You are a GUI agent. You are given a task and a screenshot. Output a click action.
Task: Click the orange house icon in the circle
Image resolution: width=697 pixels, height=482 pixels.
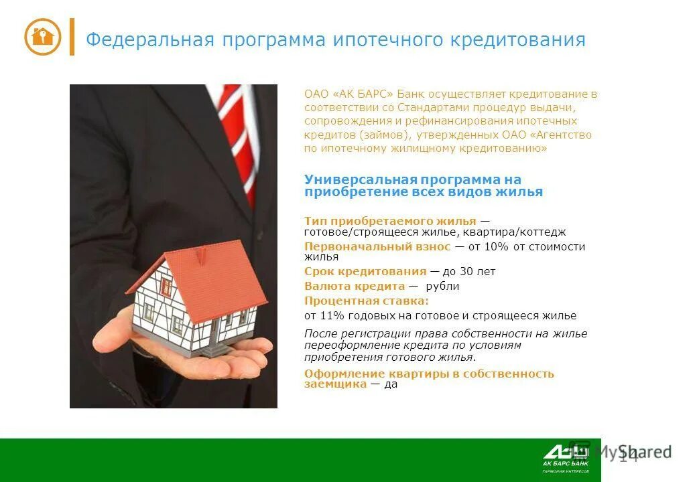(43, 36)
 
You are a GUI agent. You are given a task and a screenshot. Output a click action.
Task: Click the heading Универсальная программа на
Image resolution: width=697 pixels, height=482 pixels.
(412, 179)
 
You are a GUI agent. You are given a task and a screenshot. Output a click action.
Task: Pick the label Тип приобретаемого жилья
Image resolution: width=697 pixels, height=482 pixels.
(390, 221)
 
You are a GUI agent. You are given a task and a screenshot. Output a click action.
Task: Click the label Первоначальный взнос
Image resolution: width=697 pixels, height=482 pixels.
(377, 246)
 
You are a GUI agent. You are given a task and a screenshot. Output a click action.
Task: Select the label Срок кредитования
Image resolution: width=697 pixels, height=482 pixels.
(365, 271)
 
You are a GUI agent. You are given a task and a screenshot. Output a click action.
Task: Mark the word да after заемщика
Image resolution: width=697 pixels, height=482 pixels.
(391, 385)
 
